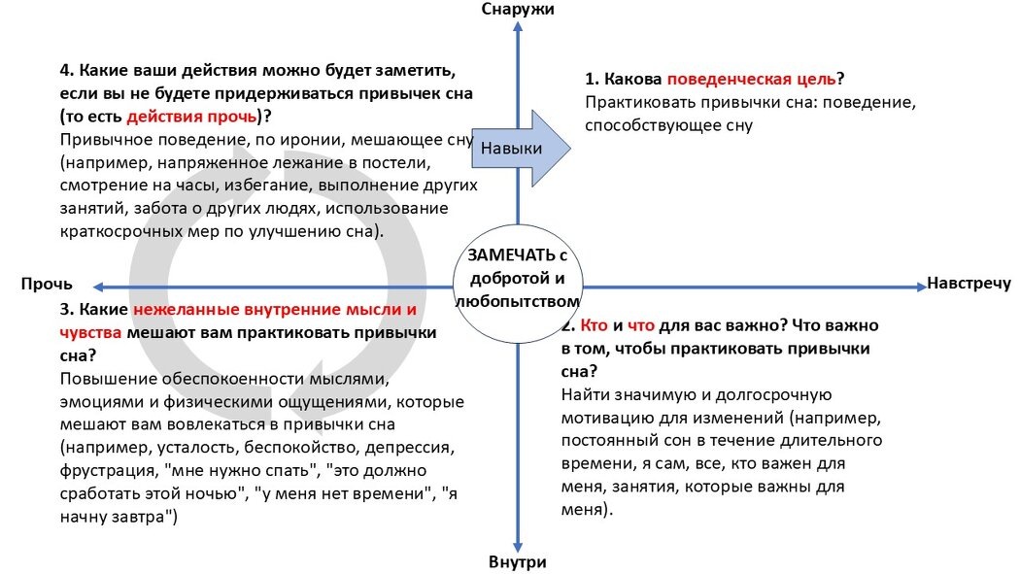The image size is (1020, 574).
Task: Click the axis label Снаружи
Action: click(518, 9)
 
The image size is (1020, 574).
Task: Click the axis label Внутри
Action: click(518, 562)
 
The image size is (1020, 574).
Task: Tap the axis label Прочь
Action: click(47, 285)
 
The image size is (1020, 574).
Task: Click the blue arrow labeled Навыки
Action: click(520, 147)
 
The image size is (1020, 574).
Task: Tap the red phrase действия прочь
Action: click(193, 117)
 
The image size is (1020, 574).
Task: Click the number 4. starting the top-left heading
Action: click(66, 72)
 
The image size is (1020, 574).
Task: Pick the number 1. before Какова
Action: click(591, 80)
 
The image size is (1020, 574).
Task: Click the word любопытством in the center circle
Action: click(517, 302)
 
